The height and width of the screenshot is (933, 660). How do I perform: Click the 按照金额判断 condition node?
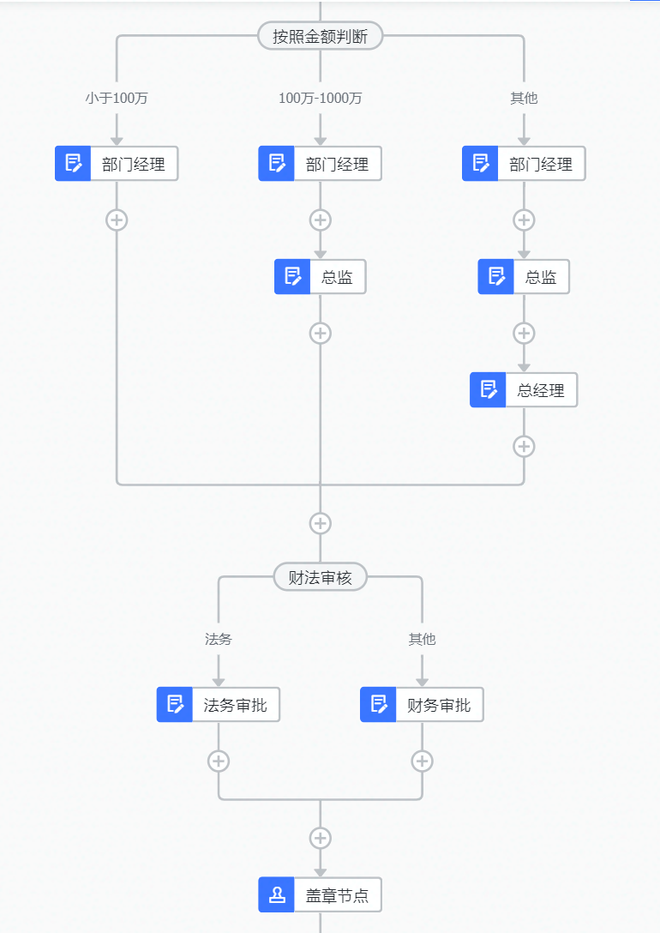(x=320, y=36)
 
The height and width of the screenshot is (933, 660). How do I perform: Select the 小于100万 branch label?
(x=117, y=98)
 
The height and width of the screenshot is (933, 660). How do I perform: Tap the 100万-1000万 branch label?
(x=320, y=98)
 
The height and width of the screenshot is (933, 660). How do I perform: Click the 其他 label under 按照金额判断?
(x=524, y=98)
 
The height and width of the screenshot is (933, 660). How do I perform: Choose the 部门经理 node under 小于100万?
(x=133, y=164)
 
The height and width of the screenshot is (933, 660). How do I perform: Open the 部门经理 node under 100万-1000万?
(x=336, y=164)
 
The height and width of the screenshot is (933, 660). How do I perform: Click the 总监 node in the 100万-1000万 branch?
(x=336, y=277)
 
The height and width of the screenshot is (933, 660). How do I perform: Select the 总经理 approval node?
(x=540, y=390)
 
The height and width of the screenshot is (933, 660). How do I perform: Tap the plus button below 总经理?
(x=524, y=446)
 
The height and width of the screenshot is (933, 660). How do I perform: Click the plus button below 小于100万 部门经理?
(x=117, y=220)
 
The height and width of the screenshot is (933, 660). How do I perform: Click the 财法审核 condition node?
(x=320, y=577)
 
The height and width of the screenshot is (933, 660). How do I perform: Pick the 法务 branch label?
(x=219, y=639)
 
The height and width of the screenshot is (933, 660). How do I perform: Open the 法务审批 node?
(x=235, y=705)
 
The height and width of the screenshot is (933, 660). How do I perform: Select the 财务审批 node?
(x=438, y=705)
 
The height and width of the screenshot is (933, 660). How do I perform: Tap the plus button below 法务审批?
(x=219, y=761)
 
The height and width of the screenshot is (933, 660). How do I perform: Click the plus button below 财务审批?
(x=422, y=761)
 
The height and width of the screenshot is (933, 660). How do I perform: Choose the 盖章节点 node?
(x=336, y=895)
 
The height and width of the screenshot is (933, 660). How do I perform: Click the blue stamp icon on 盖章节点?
(x=277, y=895)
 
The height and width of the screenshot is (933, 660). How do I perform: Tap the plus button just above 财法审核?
(x=320, y=523)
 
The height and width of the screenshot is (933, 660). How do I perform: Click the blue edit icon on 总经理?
(x=488, y=390)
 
